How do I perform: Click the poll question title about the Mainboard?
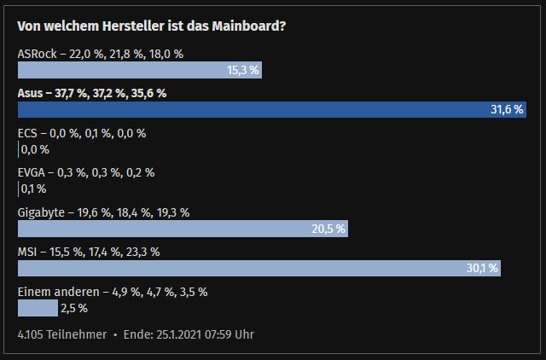(x=152, y=26)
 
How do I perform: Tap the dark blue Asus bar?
(x=256, y=109)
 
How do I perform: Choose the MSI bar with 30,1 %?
(x=239, y=268)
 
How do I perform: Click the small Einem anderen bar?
(x=38, y=307)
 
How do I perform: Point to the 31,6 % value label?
(x=508, y=110)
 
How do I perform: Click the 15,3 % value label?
(x=243, y=70)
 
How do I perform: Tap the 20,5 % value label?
(x=328, y=229)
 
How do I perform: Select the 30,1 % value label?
(x=482, y=268)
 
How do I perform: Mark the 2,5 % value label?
(x=75, y=308)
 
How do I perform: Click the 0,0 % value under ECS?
(x=35, y=149)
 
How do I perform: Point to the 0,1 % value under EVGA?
(x=33, y=189)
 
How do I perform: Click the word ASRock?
(x=37, y=54)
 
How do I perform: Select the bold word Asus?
(x=31, y=93)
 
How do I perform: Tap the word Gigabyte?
(x=40, y=212)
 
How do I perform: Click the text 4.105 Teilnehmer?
(x=62, y=334)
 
